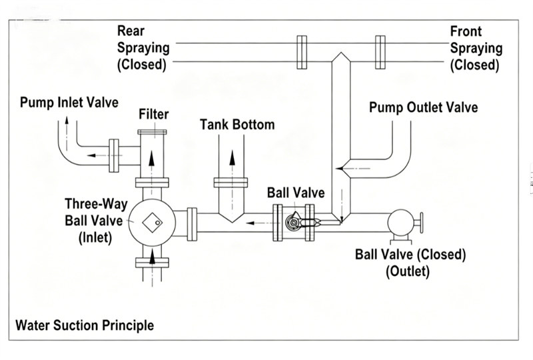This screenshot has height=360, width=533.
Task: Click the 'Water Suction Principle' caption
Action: [85, 325]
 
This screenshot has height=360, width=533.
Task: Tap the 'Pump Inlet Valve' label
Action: [69, 103]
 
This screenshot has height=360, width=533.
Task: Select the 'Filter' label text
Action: [154, 114]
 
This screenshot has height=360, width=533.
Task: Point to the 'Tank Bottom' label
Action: [237, 125]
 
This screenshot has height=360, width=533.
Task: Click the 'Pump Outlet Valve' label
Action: [424, 107]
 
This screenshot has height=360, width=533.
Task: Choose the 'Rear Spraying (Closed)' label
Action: [143, 48]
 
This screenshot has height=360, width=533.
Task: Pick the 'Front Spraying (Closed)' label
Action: [476, 48]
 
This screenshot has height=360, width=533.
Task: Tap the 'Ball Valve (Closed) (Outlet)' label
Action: [410, 263]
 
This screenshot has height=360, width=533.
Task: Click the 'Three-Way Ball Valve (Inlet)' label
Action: [96, 221]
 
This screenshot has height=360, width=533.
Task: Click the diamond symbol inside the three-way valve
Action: [152, 223]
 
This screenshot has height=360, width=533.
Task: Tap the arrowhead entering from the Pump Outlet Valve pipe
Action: [340, 169]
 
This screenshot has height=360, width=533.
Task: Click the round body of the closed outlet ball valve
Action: [401, 223]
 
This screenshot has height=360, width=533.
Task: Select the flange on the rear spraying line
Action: [302, 53]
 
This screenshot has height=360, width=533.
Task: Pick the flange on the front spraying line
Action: [380, 53]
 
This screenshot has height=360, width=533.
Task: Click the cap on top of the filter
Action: [152, 132]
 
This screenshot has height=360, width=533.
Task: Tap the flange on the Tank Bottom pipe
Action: [231, 183]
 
